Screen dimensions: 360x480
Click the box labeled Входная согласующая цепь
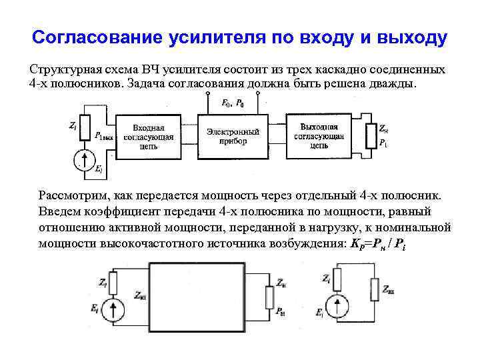pos(153,137)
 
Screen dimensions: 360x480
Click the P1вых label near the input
pos(105,137)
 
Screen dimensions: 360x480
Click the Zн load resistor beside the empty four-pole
pos(271,297)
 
